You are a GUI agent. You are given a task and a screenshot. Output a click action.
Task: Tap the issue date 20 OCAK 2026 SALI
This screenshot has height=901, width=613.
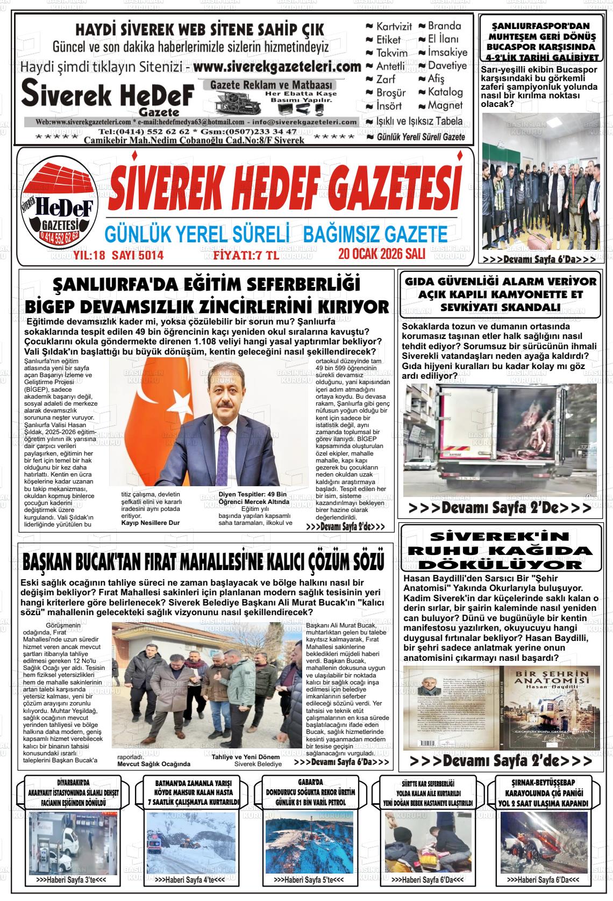pyautogui.click(x=383, y=254)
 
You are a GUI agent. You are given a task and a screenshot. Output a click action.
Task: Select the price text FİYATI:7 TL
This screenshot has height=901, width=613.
pyautogui.click(x=246, y=255)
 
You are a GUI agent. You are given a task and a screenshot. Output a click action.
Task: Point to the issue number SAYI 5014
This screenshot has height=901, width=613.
pyautogui.click(x=137, y=255)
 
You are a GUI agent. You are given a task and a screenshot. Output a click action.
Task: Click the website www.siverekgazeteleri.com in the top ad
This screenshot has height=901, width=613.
pyautogui.click(x=276, y=67)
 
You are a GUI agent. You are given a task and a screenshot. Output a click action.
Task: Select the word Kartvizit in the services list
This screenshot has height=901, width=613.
pyautogui.click(x=394, y=26)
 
